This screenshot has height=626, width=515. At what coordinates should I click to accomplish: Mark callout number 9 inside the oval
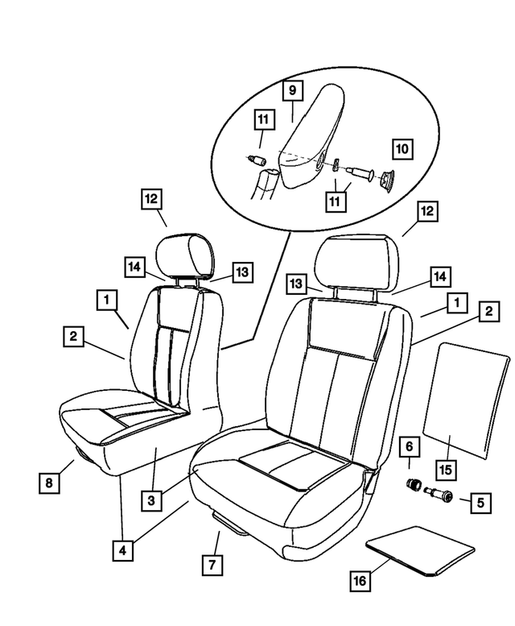290,91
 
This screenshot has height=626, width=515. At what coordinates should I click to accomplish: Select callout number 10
402,150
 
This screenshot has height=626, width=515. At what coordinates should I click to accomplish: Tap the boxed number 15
442,467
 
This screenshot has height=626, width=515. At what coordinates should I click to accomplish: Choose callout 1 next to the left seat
105,300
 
